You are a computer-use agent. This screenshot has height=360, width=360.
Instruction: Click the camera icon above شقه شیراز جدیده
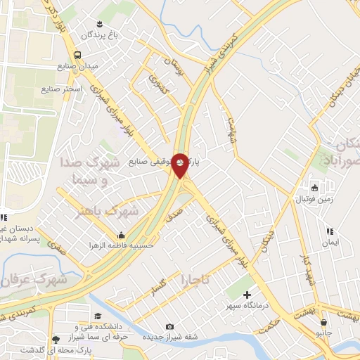169,326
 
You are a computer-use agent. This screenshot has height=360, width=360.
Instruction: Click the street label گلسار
153,289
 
